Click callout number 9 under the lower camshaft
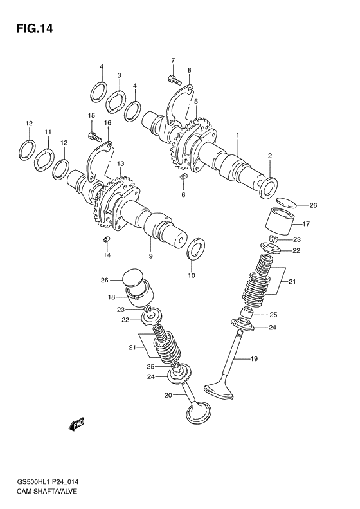coord(150,256)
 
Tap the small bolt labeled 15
coord(96,136)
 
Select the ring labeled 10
coord(197,248)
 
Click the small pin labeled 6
coord(183,176)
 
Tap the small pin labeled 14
coord(107,241)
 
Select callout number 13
coord(120,164)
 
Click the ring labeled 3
coord(116,101)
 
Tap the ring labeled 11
coord(44,158)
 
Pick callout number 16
coord(107,122)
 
